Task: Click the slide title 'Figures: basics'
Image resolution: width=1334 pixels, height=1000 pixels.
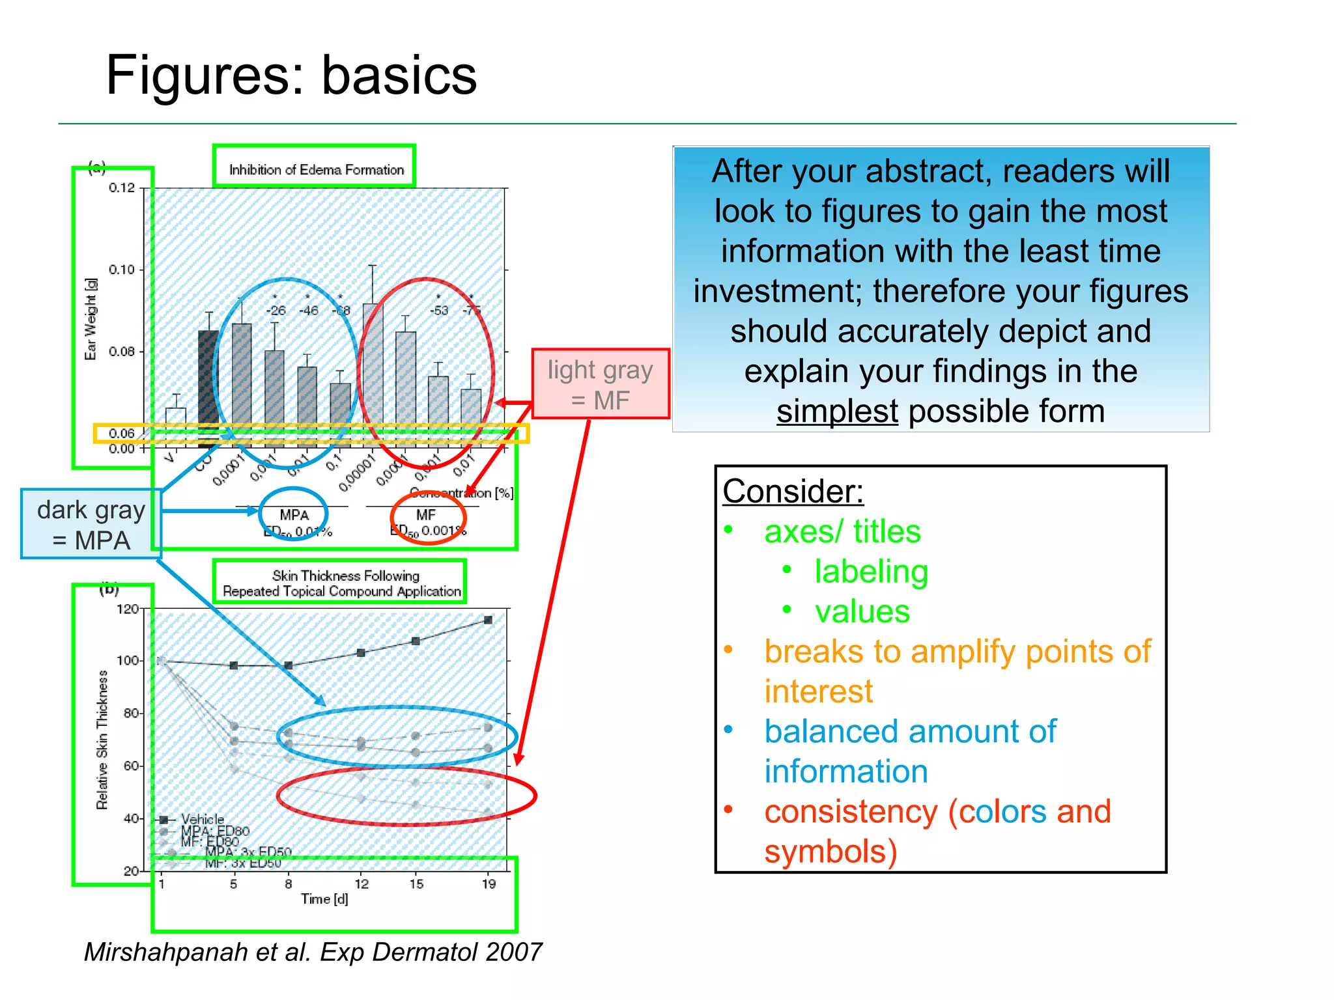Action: point(291,76)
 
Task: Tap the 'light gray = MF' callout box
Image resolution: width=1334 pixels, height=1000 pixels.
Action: point(600,384)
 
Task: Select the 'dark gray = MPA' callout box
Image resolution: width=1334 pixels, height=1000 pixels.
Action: point(91,525)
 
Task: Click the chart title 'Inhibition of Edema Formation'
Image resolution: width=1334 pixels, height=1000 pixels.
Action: point(316,170)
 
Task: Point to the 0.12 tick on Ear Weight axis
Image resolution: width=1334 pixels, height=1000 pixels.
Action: point(122,188)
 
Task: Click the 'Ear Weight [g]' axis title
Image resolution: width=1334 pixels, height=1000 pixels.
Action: point(91,319)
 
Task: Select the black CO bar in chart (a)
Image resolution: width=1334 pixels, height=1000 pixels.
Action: point(208,384)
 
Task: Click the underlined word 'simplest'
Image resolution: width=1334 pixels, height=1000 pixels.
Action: point(837,411)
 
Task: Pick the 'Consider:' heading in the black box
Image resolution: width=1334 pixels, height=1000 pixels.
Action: point(793,492)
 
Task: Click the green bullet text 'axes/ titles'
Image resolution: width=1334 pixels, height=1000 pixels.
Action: point(842,531)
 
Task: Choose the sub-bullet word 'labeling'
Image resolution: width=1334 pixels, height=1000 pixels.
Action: point(871,572)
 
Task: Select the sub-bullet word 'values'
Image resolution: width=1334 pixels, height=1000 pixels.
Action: point(862,612)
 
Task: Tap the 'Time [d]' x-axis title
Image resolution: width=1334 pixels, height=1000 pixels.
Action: point(324,899)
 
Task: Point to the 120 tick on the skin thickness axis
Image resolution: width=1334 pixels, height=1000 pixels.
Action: point(127,609)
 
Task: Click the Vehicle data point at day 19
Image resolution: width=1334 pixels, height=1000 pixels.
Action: point(488,620)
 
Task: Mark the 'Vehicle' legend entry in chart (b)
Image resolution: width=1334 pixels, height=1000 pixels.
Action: point(202,819)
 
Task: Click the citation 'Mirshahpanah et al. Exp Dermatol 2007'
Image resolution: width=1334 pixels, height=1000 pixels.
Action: point(313,952)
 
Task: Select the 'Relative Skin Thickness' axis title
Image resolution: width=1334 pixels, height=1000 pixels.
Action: point(102,740)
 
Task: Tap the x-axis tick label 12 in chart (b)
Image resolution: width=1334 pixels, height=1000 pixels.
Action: point(362,884)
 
